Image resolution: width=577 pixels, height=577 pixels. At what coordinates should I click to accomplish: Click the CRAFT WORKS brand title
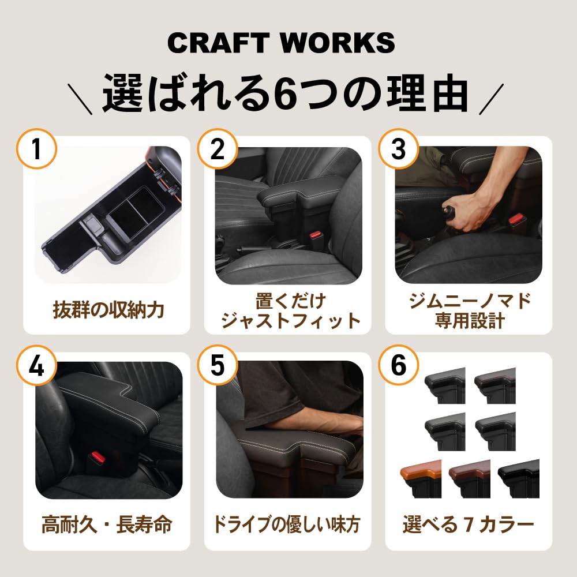point(282,43)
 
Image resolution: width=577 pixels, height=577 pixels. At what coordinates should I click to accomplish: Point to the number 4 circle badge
point(36,366)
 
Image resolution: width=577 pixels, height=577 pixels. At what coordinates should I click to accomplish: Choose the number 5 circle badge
point(218,366)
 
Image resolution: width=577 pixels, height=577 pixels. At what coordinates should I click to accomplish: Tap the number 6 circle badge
point(399,366)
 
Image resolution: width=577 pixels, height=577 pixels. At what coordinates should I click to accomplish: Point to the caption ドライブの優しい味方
point(287,525)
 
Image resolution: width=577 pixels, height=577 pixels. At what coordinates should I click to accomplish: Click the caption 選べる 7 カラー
point(468,525)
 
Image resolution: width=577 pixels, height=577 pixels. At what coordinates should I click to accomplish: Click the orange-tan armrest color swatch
point(420,478)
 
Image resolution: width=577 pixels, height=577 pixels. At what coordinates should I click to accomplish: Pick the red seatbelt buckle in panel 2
point(315,235)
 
